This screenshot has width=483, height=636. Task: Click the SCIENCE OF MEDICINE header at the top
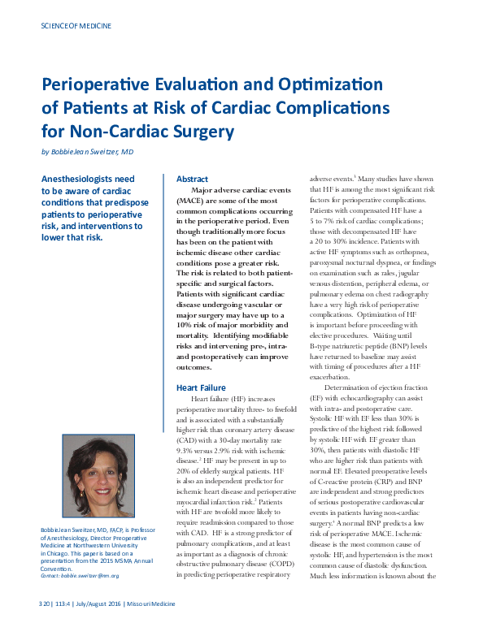click(76, 26)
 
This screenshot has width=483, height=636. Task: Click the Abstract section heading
click(193, 179)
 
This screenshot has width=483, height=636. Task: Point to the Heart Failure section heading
click(201, 387)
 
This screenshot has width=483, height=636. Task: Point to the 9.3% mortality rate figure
click(189, 450)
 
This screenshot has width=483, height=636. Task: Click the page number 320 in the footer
click(45, 626)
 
